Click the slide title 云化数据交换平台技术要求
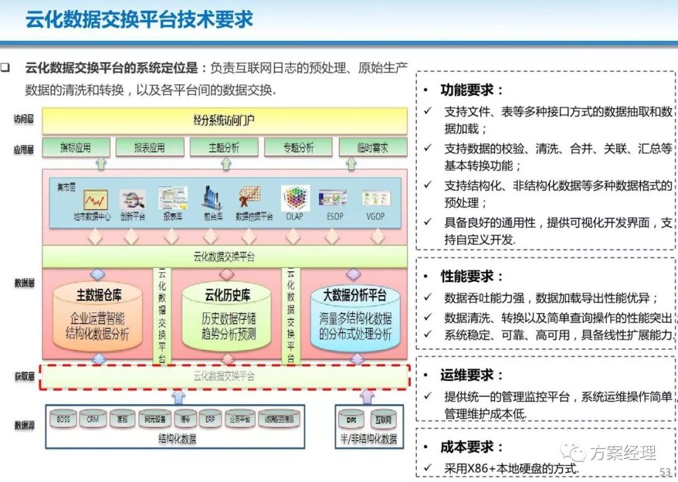click(x=139, y=19)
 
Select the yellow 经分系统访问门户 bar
click(x=224, y=120)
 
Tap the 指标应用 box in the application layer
click(x=75, y=148)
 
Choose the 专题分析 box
click(x=298, y=148)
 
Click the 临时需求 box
click(x=373, y=148)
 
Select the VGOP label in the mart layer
click(x=376, y=217)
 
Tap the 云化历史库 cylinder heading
click(x=227, y=294)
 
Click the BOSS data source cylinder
click(x=63, y=419)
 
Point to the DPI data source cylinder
click(x=351, y=419)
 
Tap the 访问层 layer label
click(x=24, y=119)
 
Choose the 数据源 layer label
click(x=24, y=425)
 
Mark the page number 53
click(x=665, y=472)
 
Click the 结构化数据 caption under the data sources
click(x=177, y=439)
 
